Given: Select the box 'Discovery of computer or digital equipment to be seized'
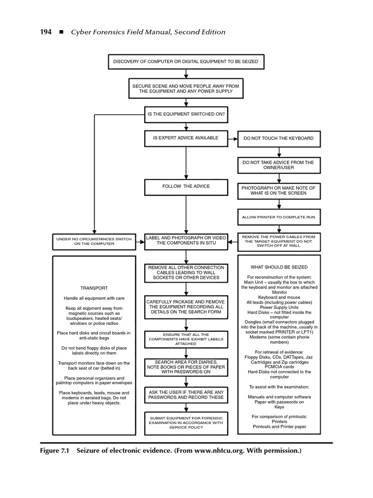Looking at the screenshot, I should pyautogui.click(x=186, y=62).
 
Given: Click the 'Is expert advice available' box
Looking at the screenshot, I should pyautogui.click(x=186, y=138).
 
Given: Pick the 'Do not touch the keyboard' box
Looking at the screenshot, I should pyautogui.click(x=279, y=138).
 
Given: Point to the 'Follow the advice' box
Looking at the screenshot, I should pyautogui.click(x=186, y=187).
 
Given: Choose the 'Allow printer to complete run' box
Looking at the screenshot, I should pyautogui.click(x=279, y=217).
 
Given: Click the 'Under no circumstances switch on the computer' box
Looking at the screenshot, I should pyautogui.click(x=94, y=241).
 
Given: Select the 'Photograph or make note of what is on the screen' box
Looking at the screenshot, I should pyautogui.click(x=279, y=190).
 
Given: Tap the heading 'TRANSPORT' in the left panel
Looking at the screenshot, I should pyautogui.click(x=94, y=288).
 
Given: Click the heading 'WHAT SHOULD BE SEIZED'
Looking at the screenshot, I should pyautogui.click(x=279, y=267).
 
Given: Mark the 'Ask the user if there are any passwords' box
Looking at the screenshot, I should pyautogui.click(x=186, y=395).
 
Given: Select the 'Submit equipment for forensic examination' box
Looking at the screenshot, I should pyautogui.click(x=186, y=423).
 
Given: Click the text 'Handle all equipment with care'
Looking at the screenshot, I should pyautogui.click(x=94, y=298).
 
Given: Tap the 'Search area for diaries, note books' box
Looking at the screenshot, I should pyautogui.click(x=186, y=367).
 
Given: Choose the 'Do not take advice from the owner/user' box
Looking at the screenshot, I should pyautogui.click(x=279, y=165).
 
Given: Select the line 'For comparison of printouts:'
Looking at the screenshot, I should pyautogui.click(x=279, y=417).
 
